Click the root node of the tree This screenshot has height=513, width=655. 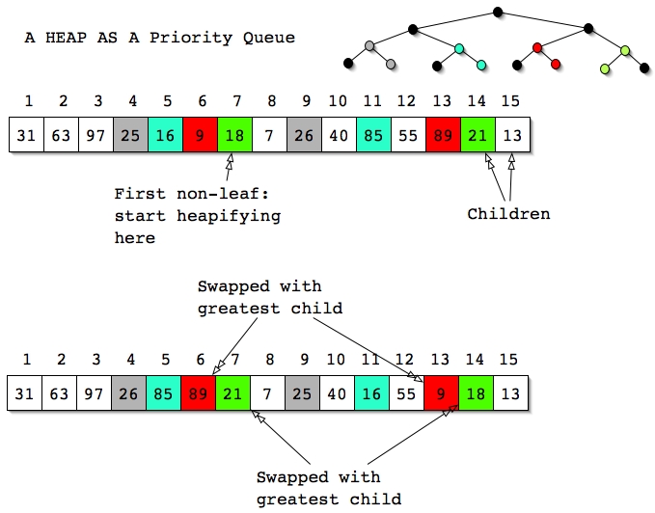pos(498,13)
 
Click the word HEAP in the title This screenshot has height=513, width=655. pos(66,38)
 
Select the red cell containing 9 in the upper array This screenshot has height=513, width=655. pos(200,135)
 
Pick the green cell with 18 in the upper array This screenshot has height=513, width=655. pos(234,135)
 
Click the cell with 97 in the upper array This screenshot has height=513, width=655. pos(96,135)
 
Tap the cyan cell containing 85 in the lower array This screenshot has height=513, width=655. pos(163,393)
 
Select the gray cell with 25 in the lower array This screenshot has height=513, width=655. pos(303,393)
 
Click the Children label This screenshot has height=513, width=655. pos(508,214)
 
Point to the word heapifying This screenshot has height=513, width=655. pos(229,216)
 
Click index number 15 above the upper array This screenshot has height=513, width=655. pos(510,101)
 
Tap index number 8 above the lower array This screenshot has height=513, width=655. pos(270,360)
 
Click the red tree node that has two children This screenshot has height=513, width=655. pos(537,48)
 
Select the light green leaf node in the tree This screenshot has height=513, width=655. pos(605,68)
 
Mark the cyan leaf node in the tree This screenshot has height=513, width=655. pos(481,66)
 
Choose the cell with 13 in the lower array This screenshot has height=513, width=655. pos(511,393)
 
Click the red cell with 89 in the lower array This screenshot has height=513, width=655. pos(198,393)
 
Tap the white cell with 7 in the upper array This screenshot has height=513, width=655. pos(269,135)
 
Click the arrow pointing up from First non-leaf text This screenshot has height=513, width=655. pos(230,167)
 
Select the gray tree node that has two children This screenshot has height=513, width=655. pos(369,45)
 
